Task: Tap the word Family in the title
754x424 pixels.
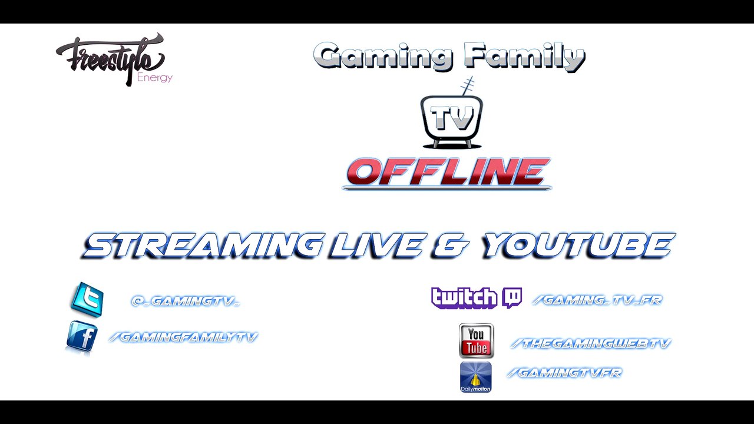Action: [524, 57]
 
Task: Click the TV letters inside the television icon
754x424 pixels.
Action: [452, 118]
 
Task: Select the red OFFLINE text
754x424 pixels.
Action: [448, 172]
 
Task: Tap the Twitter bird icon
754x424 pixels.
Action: [87, 299]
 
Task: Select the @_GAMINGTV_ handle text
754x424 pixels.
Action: [186, 301]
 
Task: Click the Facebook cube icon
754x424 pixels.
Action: [82, 337]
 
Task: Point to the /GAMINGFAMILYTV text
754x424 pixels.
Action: [183, 337]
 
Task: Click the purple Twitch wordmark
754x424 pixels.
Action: [464, 298]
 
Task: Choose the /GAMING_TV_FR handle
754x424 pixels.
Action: [597, 300]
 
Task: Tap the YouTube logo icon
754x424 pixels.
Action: [476, 340]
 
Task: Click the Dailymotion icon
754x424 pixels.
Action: [475, 377]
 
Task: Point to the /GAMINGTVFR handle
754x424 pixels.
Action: [564, 372]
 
